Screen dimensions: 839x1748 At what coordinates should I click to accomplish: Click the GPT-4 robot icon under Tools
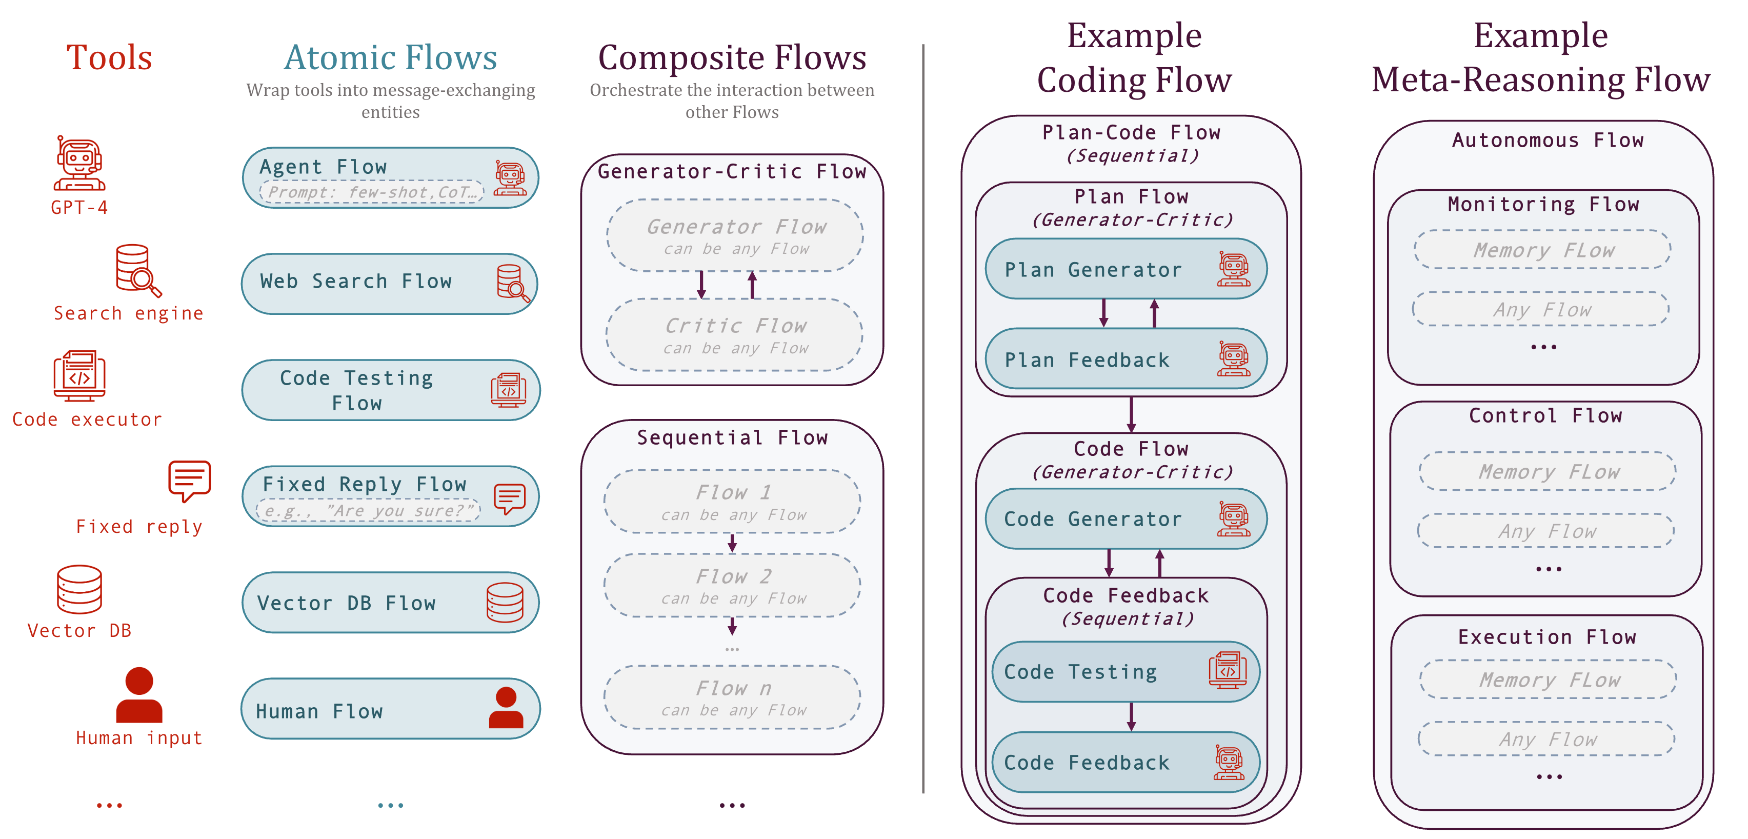pos(79,163)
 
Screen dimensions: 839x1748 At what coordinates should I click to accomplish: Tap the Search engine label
pos(128,314)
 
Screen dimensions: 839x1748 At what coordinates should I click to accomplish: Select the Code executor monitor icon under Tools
pos(79,375)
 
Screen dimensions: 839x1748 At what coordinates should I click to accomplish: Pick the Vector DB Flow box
pos(390,603)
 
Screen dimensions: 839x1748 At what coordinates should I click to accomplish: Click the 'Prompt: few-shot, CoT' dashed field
pos(372,193)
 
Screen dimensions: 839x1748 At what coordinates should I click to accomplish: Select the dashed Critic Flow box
pos(734,335)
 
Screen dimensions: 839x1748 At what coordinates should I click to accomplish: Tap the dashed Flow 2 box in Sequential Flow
pos(732,585)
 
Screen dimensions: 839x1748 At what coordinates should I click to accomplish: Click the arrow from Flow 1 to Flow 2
pos(732,543)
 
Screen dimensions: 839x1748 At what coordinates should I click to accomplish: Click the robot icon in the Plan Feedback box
pos(1233,359)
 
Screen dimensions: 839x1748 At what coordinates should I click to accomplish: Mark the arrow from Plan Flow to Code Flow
pos(1131,414)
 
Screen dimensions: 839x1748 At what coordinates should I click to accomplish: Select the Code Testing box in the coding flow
pos(1125,672)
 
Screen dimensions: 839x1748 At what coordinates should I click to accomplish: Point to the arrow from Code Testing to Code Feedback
pos(1131,717)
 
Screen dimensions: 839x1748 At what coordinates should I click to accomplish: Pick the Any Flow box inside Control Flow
pos(1546,531)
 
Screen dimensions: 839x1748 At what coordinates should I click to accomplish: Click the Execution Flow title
pos(1546,637)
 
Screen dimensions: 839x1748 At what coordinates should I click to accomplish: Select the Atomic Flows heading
pos(390,58)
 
